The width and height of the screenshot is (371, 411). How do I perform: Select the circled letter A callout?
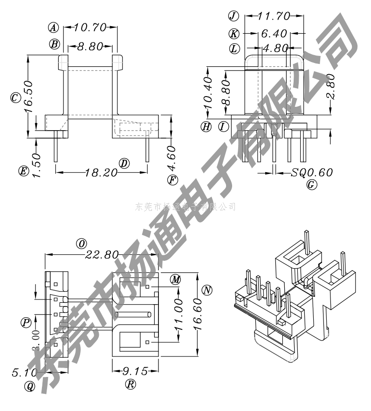tap(55, 28)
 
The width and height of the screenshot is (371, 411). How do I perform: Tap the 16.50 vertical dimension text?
tap(28, 98)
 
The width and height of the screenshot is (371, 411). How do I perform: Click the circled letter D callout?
tap(124, 163)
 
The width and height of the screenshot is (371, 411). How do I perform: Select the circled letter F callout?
tap(172, 180)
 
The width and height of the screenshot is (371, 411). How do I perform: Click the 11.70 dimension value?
tap(274, 16)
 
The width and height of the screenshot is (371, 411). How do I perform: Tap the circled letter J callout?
tap(233, 16)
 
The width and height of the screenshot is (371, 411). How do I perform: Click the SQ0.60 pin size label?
tap(312, 173)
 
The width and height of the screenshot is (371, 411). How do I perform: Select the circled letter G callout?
tap(312, 185)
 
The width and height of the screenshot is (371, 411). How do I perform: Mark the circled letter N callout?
tap(207, 290)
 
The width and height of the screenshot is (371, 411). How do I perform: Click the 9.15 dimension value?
tap(135, 371)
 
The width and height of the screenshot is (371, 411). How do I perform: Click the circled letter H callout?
tap(206, 126)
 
